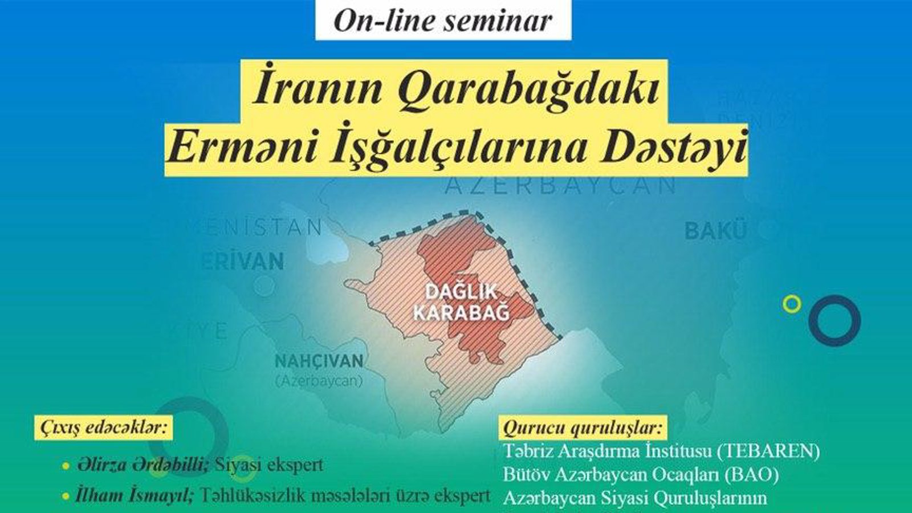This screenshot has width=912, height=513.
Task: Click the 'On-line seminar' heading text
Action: point(443,21)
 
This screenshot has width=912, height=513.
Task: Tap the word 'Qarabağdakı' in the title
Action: point(528,89)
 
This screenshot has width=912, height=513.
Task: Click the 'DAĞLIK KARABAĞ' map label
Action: point(461,303)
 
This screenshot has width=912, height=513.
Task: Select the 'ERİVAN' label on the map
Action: point(242,262)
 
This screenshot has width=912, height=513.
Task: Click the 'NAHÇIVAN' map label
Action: point(319,361)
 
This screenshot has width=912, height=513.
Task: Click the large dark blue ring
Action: point(834,320)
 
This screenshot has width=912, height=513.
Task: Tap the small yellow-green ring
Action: point(792,304)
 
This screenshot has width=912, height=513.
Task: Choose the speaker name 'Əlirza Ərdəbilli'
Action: point(142,465)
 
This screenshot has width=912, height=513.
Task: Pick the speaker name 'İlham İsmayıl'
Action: point(135,495)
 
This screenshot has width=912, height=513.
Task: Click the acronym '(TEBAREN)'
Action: point(768,451)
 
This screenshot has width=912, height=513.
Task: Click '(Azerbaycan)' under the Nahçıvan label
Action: point(319,381)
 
